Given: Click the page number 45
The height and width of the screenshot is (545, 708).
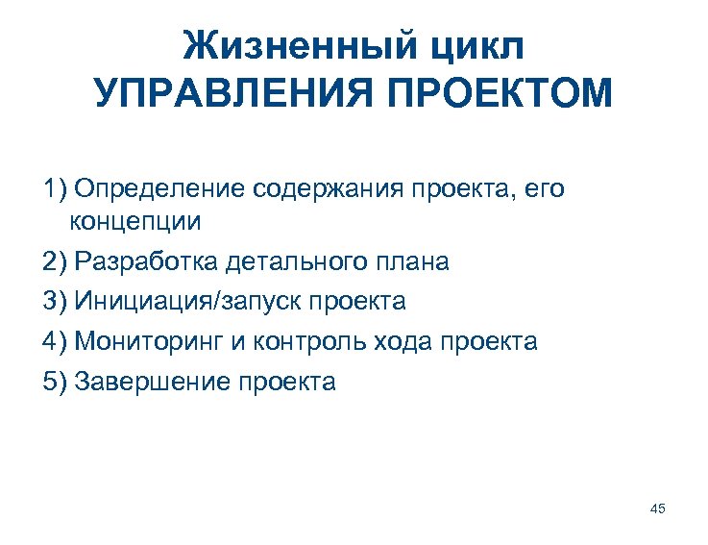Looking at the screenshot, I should click(658, 508).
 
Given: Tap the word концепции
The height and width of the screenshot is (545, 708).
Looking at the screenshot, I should click(134, 222).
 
